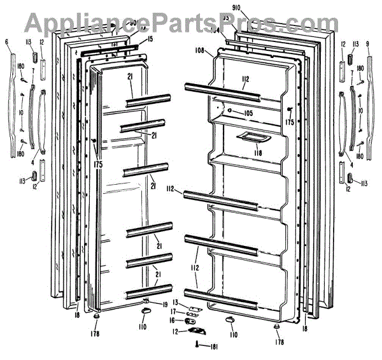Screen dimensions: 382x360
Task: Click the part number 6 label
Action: tap(6, 43)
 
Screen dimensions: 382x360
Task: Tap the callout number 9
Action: tap(368, 43)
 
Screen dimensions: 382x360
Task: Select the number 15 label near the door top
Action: tap(150, 40)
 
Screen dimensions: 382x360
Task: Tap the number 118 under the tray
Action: tap(258, 154)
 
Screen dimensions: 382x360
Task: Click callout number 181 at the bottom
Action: tap(213, 346)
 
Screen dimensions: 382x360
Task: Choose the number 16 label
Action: tap(173, 320)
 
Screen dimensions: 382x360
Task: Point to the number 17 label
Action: tap(173, 311)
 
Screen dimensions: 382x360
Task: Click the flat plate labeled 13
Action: tap(190, 305)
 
